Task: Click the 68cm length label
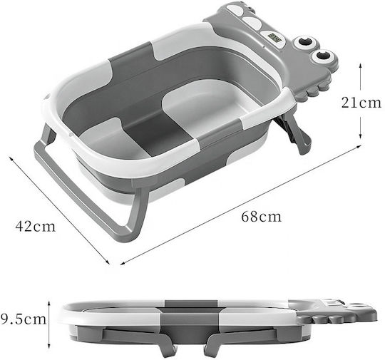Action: pos(261,217)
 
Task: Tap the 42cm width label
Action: pos(36,226)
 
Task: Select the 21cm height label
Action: pos(361,103)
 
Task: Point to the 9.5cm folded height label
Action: pos(24,319)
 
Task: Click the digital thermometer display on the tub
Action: pos(274,39)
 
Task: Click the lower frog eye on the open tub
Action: pos(322,56)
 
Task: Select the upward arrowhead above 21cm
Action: pos(360,65)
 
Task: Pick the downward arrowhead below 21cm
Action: pos(360,135)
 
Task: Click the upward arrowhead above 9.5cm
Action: pos(49,304)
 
